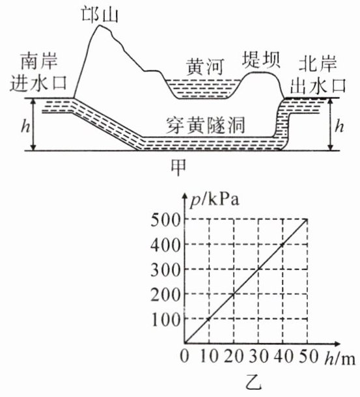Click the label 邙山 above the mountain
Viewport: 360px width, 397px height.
pos(100,15)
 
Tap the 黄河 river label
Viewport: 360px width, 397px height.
pos(205,67)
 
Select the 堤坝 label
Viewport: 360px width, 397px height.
pos(261,60)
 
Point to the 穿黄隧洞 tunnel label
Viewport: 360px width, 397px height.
pos(205,126)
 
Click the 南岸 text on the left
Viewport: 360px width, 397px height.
pos(39,61)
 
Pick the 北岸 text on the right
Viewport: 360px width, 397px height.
pos(318,64)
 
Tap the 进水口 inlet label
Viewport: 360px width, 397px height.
pos(38,83)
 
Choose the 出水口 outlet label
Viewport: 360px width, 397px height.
pos(318,85)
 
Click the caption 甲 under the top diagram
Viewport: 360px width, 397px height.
pos(178,167)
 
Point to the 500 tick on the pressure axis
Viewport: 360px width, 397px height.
pos(165,220)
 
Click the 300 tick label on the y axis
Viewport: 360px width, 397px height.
pos(165,270)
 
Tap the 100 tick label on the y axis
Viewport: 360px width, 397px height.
pos(166,320)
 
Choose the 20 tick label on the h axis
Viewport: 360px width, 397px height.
pos(233,357)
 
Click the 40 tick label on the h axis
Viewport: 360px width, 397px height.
pos(283,357)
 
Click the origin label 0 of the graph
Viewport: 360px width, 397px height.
pos(184,357)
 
